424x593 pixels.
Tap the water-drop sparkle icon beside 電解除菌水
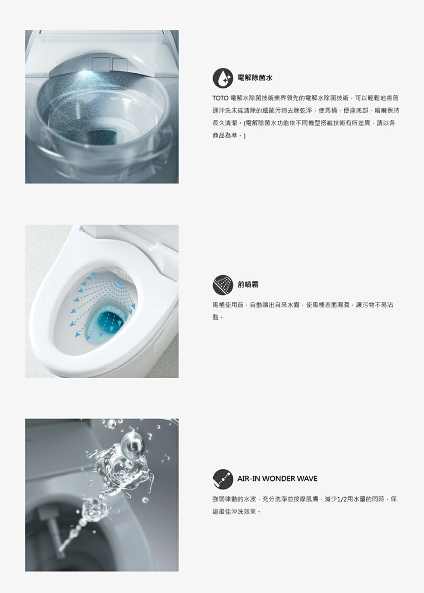(x=223, y=78)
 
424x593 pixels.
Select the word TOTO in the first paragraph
(x=220, y=98)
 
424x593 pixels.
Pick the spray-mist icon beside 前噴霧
(x=223, y=285)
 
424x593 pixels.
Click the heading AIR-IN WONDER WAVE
(x=277, y=479)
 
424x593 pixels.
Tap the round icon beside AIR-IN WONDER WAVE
(x=223, y=479)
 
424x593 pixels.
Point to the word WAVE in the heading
(x=307, y=479)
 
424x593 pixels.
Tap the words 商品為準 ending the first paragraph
(x=226, y=136)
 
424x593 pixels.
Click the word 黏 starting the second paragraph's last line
(x=215, y=317)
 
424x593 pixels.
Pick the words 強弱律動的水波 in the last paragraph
(x=236, y=499)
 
